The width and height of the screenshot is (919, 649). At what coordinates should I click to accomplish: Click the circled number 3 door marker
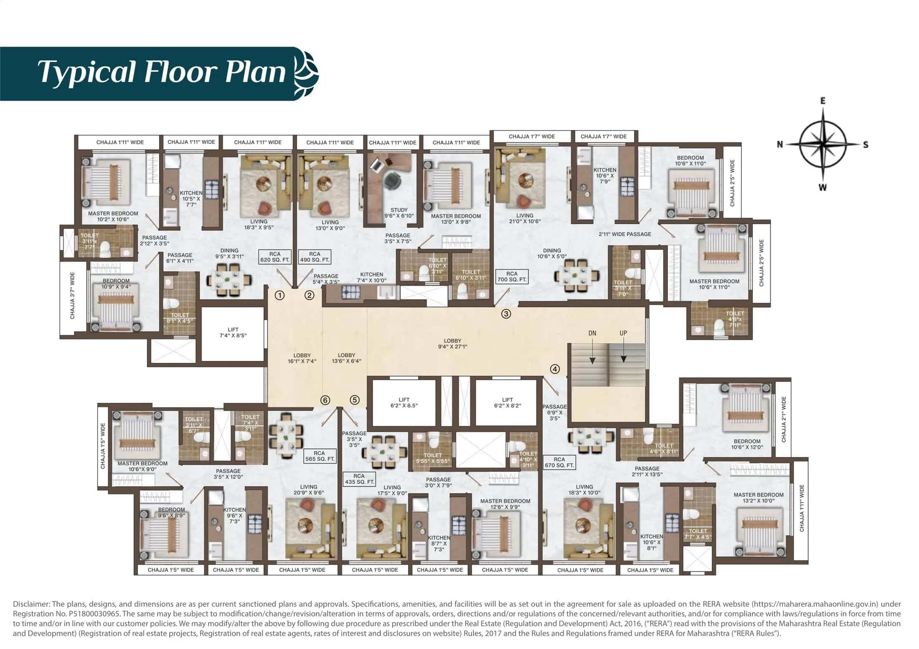tap(506, 314)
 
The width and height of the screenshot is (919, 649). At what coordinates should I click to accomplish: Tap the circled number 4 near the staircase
tap(554, 369)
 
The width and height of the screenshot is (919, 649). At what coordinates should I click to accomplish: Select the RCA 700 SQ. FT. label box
tap(512, 277)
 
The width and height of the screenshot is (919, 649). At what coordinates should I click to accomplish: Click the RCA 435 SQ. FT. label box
tap(359, 479)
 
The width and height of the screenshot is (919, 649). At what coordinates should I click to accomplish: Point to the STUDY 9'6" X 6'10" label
tap(399, 213)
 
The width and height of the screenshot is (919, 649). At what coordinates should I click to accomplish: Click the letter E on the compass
tap(823, 101)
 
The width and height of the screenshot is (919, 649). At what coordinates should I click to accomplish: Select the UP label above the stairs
tap(623, 333)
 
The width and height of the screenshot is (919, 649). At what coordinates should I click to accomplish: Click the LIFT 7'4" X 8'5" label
tap(233, 332)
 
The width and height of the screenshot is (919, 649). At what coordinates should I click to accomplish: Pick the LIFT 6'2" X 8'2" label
tap(507, 402)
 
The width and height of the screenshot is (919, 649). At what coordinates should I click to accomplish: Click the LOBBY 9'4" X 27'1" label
tap(452, 343)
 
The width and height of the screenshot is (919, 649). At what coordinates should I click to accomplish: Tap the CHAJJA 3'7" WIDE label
tap(73, 295)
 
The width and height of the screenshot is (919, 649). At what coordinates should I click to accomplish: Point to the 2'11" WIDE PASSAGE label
tap(625, 234)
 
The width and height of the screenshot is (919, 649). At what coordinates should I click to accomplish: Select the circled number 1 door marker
tap(279, 295)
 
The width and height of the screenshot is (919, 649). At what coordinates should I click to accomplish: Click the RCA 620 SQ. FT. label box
tap(274, 257)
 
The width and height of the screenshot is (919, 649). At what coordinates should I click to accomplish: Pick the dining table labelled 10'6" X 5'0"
tap(576, 275)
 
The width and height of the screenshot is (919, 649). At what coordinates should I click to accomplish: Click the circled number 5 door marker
tap(354, 400)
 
